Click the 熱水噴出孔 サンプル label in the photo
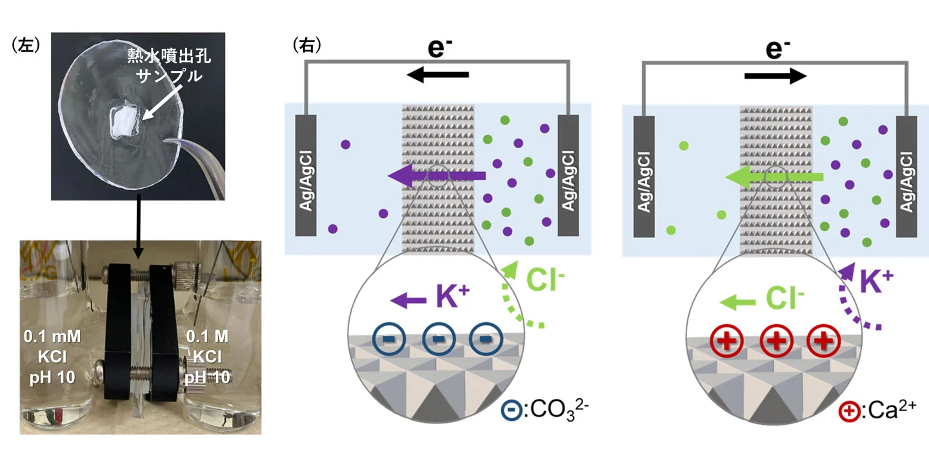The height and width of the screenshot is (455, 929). point(169,66)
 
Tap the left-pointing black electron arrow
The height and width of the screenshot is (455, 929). point(437,75)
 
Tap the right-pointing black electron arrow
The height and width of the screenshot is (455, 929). point(775,75)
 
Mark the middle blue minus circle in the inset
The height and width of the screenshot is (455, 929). point(437,338)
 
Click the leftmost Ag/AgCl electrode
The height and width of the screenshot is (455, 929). point(306,175)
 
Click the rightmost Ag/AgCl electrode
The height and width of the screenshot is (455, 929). point(906,175)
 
